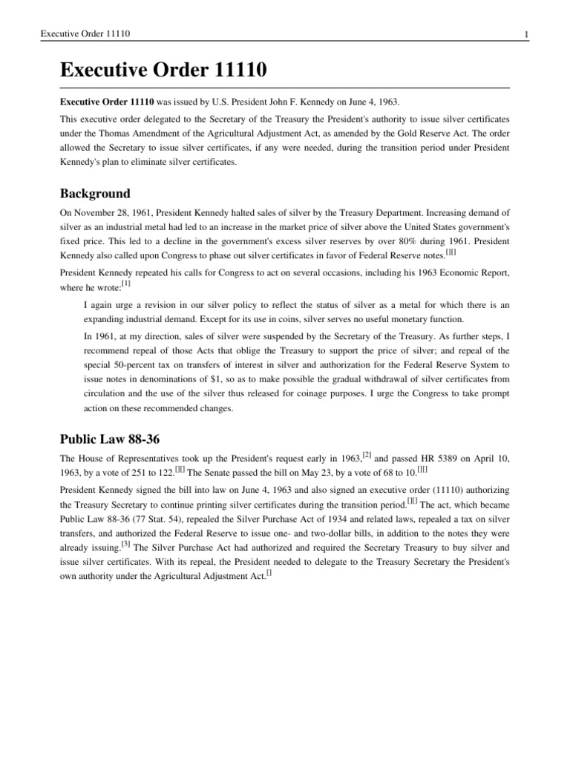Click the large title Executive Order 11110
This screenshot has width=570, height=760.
(163, 71)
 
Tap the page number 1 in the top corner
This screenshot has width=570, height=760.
(525, 34)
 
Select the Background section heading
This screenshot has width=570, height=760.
(94, 194)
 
